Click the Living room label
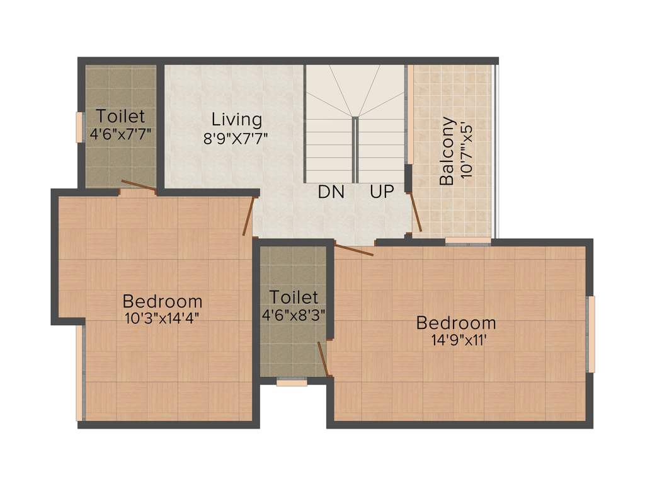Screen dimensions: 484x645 point(236,119)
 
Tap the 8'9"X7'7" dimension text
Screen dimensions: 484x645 point(236,137)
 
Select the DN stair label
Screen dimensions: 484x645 point(331,192)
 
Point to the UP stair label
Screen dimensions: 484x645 point(382,192)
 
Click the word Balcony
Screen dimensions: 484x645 point(447,151)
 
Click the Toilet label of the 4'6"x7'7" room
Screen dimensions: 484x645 point(120,117)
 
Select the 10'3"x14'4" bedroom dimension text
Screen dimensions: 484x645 point(163,318)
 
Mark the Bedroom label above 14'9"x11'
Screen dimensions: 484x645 point(456,323)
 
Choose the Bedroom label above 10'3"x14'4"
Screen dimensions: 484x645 point(163,301)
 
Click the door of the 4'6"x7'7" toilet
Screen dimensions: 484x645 point(139,185)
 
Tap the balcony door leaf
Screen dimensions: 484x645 point(416,212)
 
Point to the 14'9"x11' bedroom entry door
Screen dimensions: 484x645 point(354,250)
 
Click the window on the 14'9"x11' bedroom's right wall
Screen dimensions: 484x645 point(590,334)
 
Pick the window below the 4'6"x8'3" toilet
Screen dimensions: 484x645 point(292,382)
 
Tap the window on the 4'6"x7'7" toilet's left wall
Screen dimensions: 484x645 point(79,127)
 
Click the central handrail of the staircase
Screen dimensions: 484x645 point(355,149)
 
